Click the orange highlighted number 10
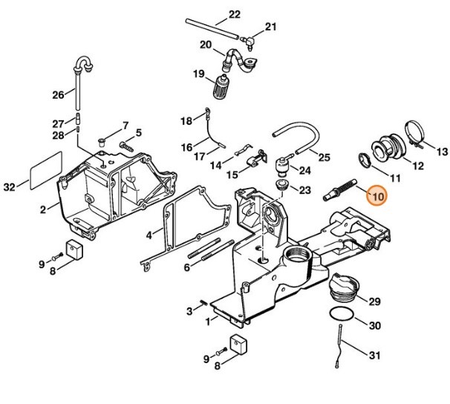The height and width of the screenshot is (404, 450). tap(376, 197)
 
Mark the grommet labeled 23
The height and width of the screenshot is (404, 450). tap(283, 186)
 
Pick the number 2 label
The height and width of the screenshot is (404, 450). tap(43, 209)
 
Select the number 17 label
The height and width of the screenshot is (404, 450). tap(177, 157)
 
